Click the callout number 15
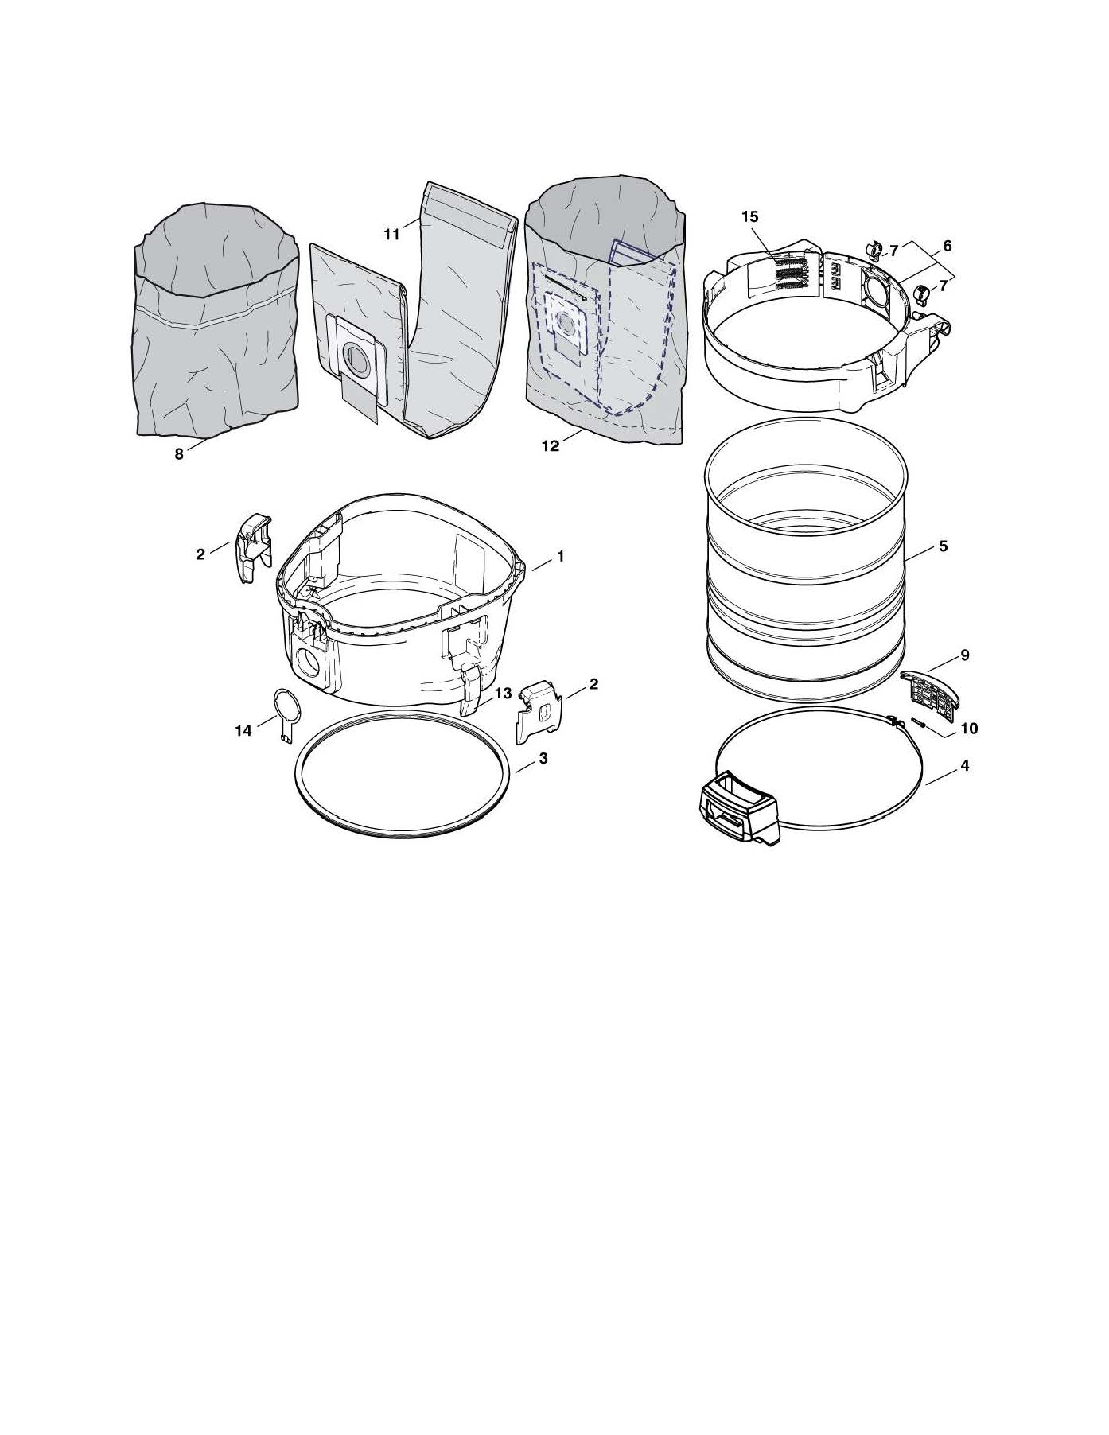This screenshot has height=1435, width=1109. (750, 216)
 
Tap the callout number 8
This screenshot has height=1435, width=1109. (179, 453)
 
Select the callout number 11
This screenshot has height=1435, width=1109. (391, 235)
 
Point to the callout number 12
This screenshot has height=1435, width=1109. (551, 446)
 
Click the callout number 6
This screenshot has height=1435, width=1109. (947, 247)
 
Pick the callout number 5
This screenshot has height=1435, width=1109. (943, 546)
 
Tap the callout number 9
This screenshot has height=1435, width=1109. (964, 655)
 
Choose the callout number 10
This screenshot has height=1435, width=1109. (970, 728)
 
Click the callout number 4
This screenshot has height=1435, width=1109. (964, 766)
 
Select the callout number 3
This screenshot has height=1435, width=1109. (543, 758)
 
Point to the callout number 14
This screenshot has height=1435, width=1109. (243, 730)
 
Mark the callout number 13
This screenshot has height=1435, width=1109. (503, 694)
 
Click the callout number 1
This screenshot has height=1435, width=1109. (560, 557)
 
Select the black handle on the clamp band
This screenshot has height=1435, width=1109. (737, 806)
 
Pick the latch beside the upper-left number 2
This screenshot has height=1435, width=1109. (253, 547)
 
